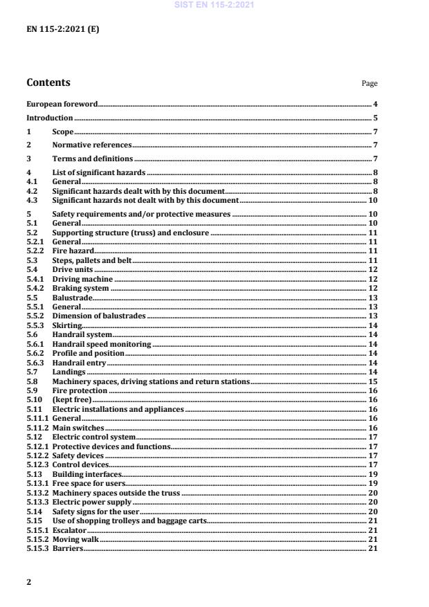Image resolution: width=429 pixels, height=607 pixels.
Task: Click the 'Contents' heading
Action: coord(48,82)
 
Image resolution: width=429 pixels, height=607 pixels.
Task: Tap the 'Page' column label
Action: coord(369,84)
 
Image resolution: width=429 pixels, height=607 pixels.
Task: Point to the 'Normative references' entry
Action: coord(91,145)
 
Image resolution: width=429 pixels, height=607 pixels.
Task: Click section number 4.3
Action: coord(31,199)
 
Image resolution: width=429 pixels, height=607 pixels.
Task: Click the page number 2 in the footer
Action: coord(29,582)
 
